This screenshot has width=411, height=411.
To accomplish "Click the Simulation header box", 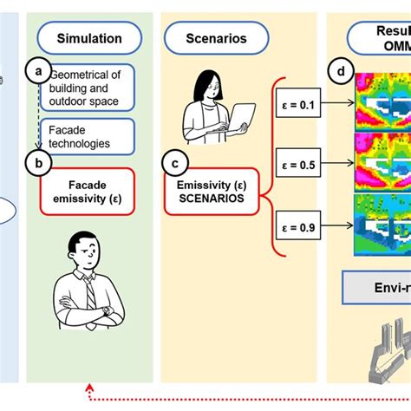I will (x=89, y=38).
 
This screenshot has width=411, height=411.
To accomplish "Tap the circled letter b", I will (x=37, y=160).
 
